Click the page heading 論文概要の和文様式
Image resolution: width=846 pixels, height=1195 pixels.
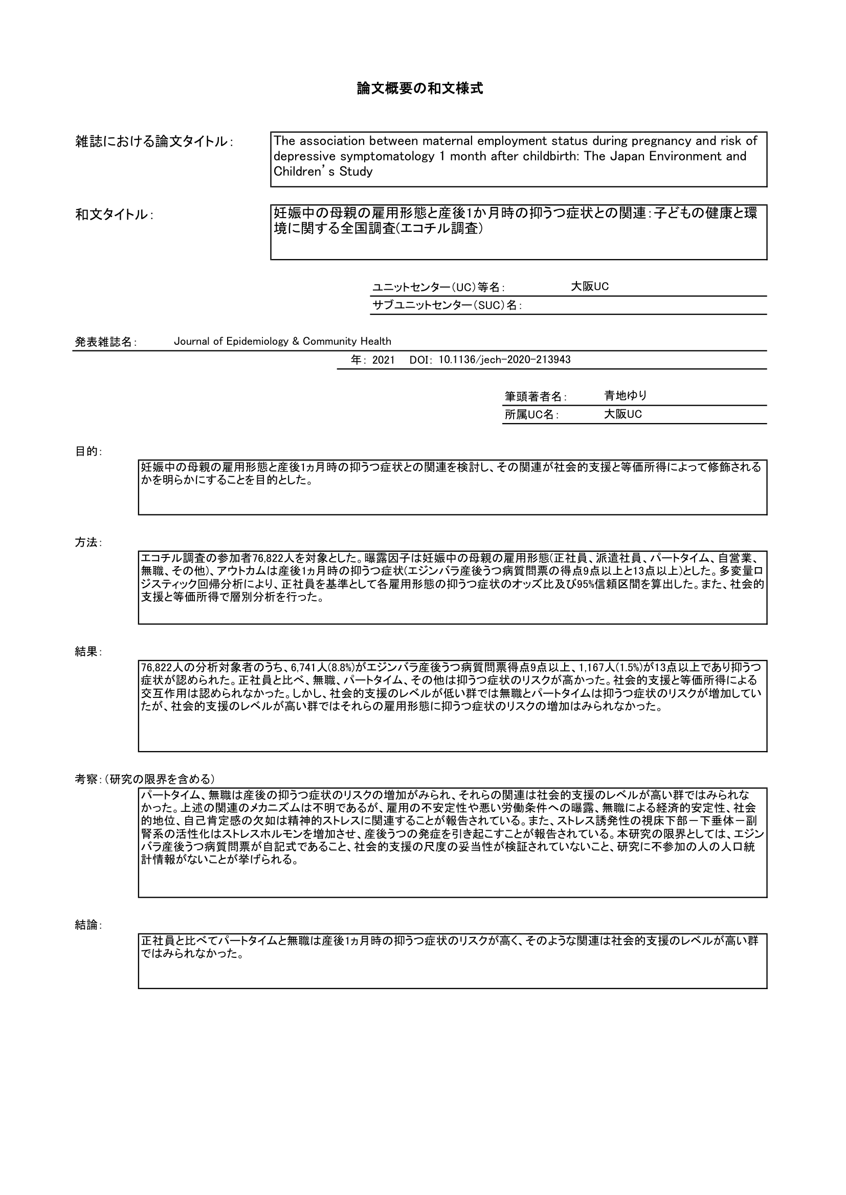tap(420, 88)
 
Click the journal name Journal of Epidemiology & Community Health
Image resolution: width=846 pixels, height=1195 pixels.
tap(282, 341)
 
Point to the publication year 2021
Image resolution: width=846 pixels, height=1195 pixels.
tap(384, 360)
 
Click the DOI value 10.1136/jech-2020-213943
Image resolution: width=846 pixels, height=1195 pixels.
tap(504, 360)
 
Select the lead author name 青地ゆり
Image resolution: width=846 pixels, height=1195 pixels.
tap(625, 395)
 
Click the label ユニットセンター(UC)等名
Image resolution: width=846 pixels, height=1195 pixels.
tap(438, 287)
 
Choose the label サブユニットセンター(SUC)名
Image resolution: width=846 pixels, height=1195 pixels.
tap(447, 306)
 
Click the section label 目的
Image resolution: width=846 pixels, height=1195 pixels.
tap(88, 451)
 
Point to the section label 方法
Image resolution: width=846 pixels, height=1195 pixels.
tap(88, 543)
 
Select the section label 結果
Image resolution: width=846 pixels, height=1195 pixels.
tap(88, 651)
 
